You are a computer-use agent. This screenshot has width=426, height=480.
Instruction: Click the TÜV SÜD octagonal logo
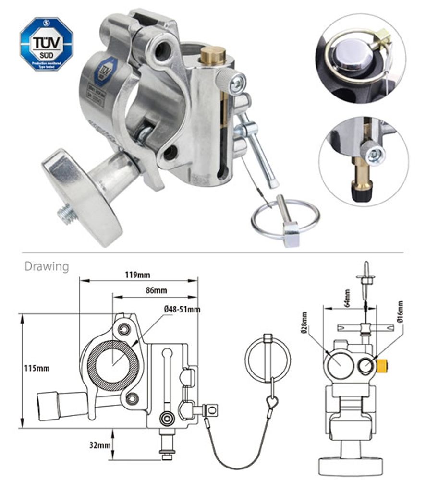coord(47,44)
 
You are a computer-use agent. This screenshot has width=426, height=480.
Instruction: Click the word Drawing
coord(47,266)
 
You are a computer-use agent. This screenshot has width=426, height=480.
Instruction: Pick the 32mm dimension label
coord(100,445)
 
